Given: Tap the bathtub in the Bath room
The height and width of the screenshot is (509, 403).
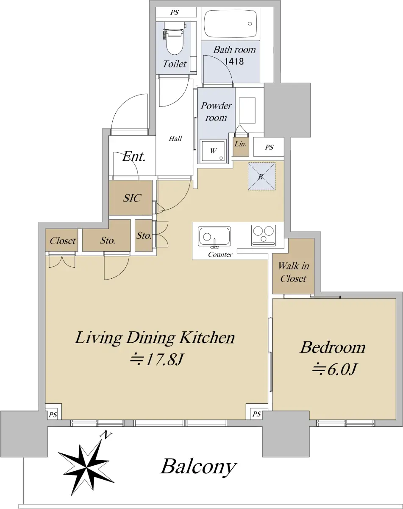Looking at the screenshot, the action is tap(231, 24).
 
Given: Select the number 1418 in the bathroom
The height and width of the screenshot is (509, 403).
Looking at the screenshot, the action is tap(234, 62).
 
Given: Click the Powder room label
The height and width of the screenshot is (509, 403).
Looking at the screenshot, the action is tap(216, 112).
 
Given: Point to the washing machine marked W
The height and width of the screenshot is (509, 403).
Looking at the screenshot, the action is tap(213, 151).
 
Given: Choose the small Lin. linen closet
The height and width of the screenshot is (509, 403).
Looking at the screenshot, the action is tap(241, 147).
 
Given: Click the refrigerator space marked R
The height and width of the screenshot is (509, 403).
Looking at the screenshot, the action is tap(261, 176).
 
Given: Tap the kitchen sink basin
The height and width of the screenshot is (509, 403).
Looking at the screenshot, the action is tap(214, 236).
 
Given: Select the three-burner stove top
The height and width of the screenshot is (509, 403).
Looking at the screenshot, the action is tap(264, 235).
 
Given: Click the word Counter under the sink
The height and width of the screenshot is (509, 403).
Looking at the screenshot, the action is tap(220, 255).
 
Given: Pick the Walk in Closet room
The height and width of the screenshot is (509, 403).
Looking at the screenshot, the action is tap(293, 266).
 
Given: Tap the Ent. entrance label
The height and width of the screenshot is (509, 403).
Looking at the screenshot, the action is tap(133, 157).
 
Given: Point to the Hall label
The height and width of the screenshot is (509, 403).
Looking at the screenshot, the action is tap(175, 138).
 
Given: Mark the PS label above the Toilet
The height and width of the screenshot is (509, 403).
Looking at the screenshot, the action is tap(175, 12).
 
